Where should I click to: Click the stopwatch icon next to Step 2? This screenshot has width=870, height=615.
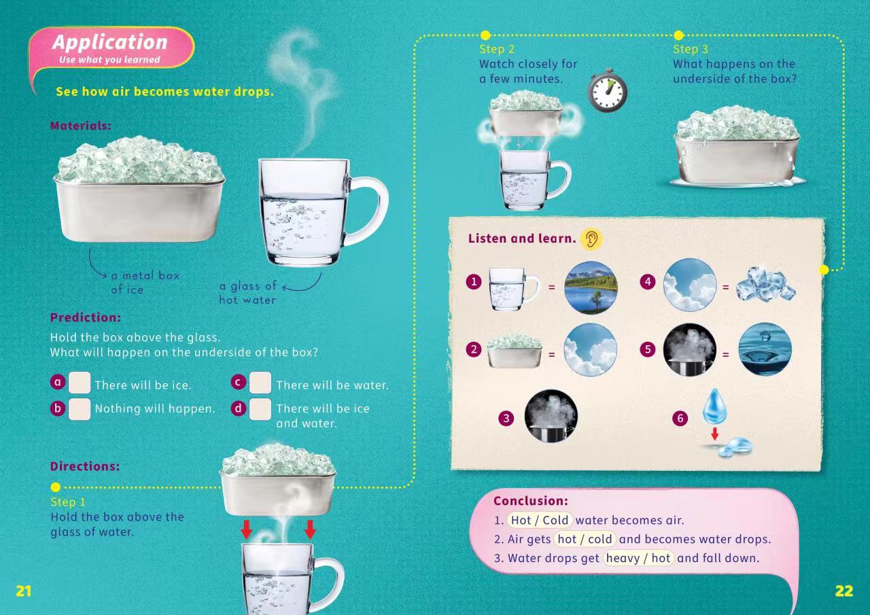608,91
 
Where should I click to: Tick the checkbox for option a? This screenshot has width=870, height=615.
80,383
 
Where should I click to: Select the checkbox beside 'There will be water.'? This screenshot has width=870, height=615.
260,383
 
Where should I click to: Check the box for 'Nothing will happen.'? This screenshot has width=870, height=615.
80,409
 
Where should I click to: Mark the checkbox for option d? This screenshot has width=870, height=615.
260,409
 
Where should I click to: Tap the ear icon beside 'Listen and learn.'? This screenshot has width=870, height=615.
591,239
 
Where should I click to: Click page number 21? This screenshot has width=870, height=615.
23,591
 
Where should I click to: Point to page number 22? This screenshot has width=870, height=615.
844,591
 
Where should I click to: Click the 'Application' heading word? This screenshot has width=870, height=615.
110,42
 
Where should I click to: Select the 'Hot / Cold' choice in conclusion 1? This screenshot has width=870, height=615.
540,521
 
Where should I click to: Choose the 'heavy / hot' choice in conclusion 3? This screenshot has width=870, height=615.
638,559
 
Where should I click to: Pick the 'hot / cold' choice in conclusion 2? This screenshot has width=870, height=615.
585,540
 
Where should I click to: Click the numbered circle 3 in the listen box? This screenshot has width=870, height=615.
506,418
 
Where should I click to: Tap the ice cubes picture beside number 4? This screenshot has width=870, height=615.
765,284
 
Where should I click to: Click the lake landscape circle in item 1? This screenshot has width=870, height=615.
591,287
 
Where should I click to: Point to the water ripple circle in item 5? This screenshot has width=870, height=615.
765,349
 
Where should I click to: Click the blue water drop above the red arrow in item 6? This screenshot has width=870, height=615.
714,406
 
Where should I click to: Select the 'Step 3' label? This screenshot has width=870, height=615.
691,50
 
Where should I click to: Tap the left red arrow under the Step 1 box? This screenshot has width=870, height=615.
246,529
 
